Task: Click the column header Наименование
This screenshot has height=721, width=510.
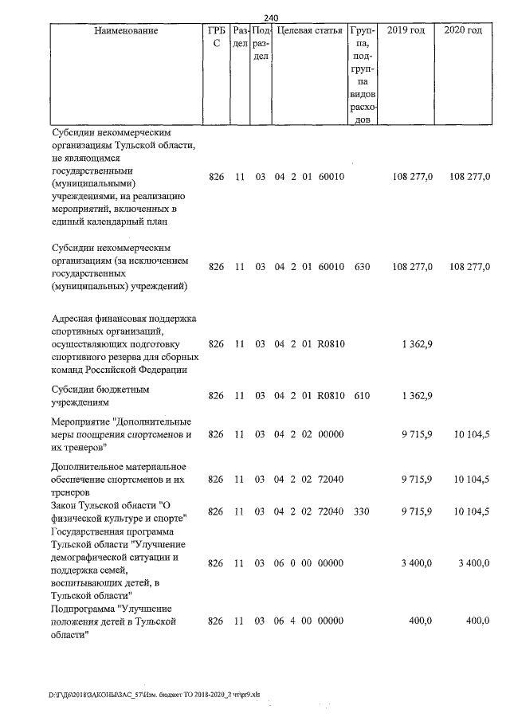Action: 125,30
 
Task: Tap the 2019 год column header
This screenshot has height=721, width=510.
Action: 405,30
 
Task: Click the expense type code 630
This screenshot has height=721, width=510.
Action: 362,266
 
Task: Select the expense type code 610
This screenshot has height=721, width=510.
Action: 362,396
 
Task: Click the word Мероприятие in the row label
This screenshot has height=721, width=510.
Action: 80,421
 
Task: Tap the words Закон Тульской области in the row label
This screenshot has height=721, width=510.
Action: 104,506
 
